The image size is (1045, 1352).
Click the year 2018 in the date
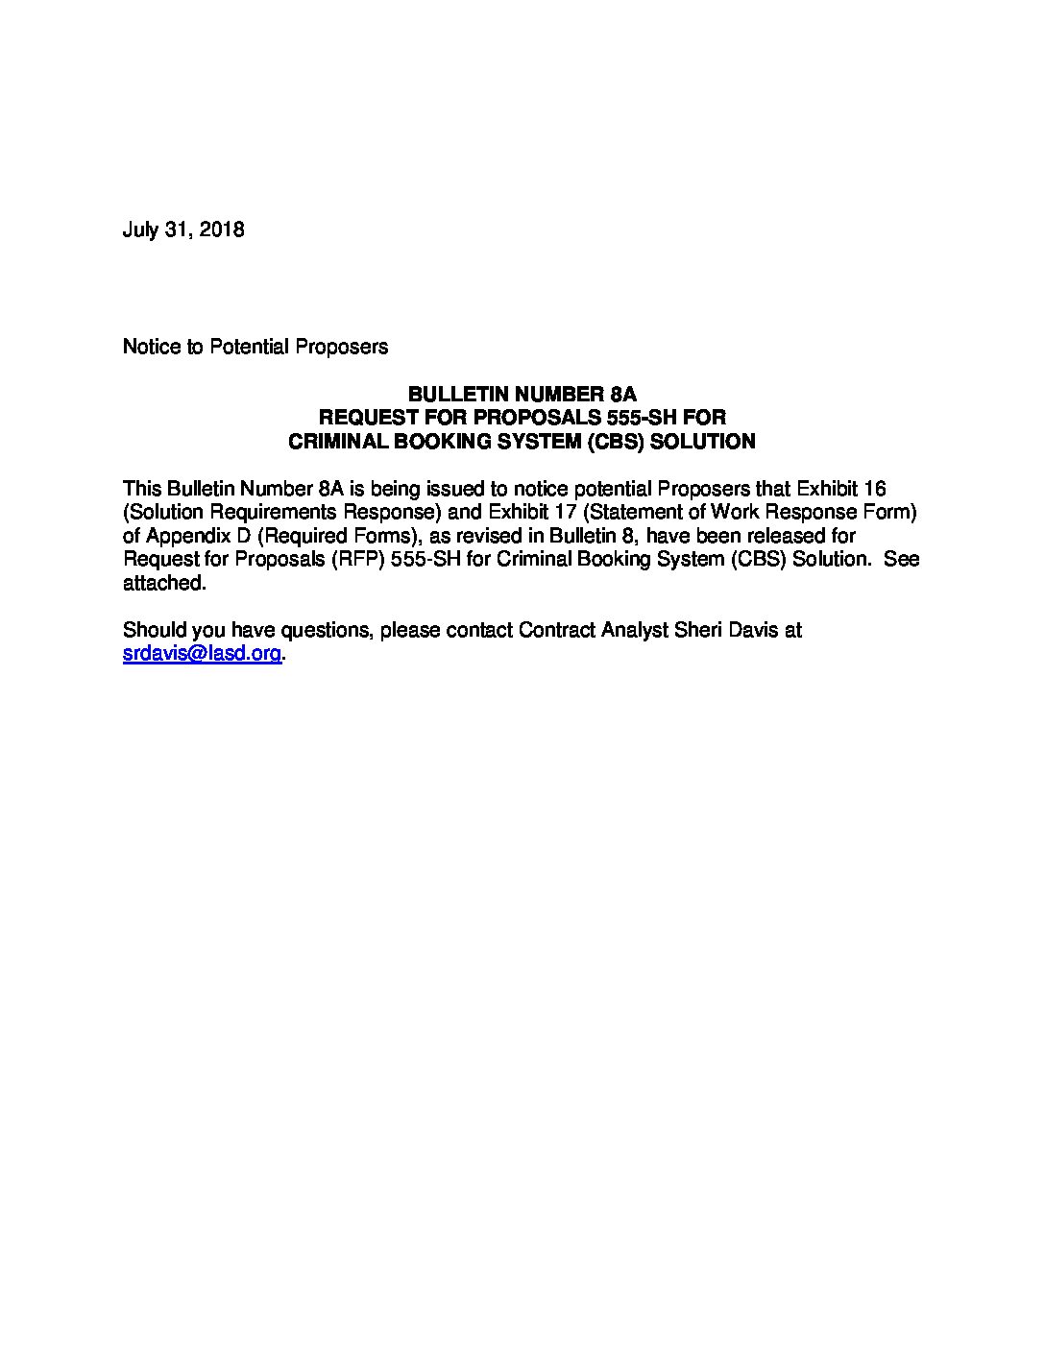(222, 230)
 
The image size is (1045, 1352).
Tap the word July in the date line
(140, 230)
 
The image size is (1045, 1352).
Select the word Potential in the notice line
(250, 347)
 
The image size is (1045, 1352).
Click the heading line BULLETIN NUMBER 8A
(522, 395)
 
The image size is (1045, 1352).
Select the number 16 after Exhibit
(875, 489)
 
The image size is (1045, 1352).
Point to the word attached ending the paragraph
(163, 583)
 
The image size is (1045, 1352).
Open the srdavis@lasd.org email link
(202, 654)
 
